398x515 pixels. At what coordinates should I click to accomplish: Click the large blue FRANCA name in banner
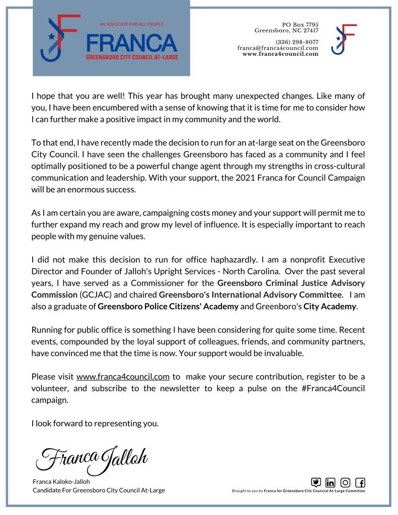click(132, 43)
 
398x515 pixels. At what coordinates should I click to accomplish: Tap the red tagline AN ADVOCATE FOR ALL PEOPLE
click(131, 24)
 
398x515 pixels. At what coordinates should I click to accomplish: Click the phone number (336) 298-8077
click(297, 42)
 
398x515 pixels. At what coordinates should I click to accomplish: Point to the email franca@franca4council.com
click(278, 48)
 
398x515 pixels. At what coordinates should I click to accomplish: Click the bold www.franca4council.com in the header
click(280, 54)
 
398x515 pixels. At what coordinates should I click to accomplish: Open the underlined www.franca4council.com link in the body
click(123, 376)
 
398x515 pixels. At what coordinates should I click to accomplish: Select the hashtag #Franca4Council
click(332, 388)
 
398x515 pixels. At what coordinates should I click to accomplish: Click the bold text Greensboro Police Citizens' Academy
click(168, 307)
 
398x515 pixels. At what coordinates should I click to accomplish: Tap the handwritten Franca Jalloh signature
click(92, 457)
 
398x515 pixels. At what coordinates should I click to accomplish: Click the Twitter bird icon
click(316, 482)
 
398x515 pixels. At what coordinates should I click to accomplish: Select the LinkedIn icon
click(331, 482)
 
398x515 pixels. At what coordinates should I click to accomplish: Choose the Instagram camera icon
click(346, 482)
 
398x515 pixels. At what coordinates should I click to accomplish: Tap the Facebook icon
click(360, 482)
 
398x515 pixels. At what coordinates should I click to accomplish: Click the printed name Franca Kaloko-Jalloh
click(61, 481)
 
